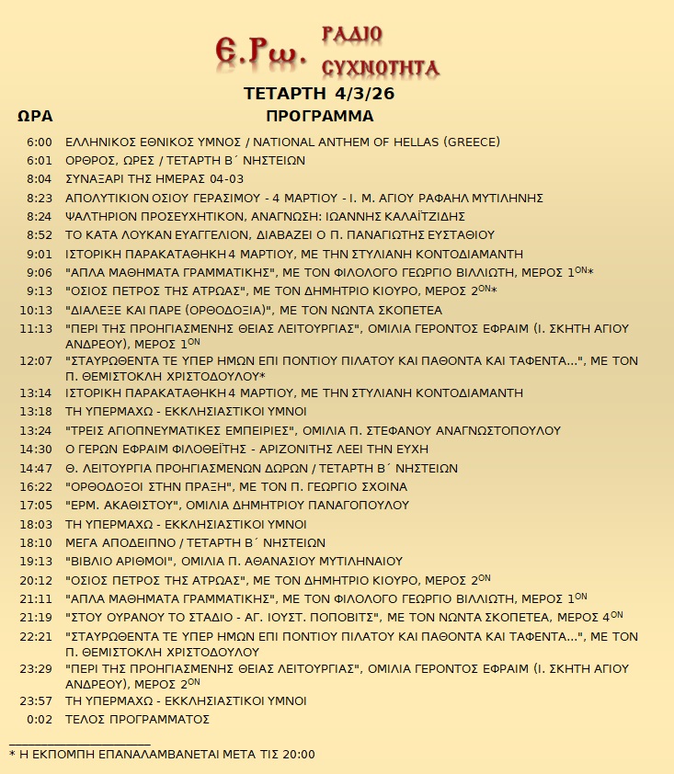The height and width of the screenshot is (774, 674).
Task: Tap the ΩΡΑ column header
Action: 35,117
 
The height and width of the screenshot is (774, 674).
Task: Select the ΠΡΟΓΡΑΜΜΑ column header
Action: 319,117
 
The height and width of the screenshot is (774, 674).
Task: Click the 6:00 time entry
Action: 40,142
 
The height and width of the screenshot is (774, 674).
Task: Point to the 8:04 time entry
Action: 40,178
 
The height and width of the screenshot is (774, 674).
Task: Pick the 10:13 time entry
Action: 37,310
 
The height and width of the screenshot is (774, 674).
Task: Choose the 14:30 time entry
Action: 37,449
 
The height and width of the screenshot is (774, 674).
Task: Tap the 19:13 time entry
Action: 37,561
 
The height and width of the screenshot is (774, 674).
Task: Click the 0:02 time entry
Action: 40,719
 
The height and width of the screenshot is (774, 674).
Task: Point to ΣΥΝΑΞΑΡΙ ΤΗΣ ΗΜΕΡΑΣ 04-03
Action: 154,178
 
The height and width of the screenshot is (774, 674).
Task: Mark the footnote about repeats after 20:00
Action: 162,754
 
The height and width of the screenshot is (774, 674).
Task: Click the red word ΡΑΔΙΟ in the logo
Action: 352,35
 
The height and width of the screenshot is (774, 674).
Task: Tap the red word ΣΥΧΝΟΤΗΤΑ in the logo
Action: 380,67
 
